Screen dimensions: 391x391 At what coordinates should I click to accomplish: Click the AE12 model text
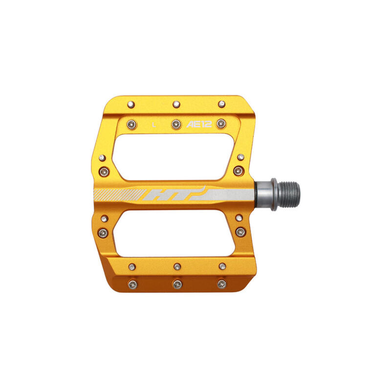click(199, 124)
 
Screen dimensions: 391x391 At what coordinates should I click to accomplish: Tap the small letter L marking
click(154, 125)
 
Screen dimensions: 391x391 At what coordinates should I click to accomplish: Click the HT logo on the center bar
click(174, 194)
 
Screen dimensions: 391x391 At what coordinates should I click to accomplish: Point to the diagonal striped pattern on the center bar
click(119, 195)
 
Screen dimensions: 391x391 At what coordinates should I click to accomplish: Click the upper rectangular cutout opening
click(174, 157)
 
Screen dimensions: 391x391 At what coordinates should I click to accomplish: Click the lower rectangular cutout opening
click(174, 234)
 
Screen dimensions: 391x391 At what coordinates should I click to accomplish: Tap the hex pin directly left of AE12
click(176, 124)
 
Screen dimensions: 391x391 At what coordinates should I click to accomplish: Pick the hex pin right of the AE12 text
click(221, 124)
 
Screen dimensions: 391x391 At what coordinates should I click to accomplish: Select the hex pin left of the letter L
click(132, 125)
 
